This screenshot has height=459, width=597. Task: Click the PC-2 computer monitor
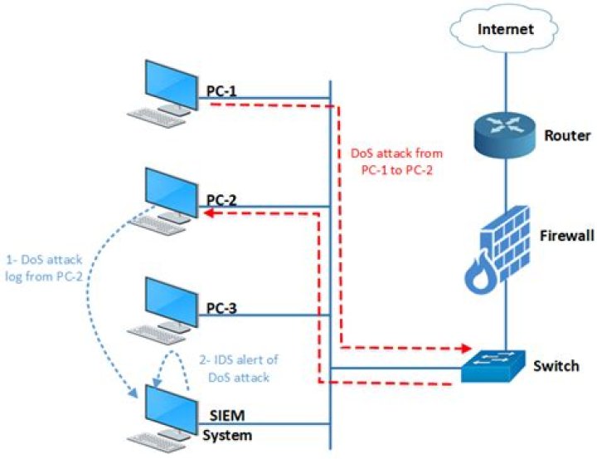point(167,190)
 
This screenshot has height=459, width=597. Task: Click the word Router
point(565,134)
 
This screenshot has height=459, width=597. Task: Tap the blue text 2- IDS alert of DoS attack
point(238,368)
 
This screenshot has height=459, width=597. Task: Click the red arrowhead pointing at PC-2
point(211,212)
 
